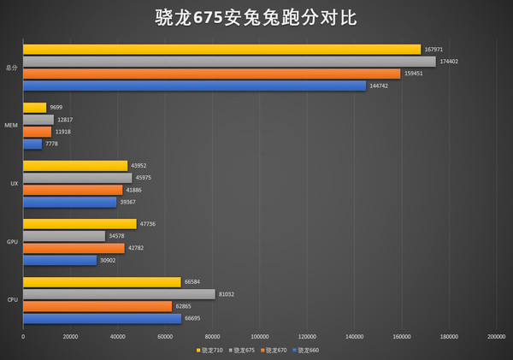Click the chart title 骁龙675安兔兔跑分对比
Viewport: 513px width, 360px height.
click(x=256, y=17)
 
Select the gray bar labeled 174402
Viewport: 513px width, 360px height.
click(x=229, y=62)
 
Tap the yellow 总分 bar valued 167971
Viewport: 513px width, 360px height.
click(x=221, y=50)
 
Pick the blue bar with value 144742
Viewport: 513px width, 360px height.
click(x=194, y=86)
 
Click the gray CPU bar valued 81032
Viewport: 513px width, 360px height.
click(x=119, y=294)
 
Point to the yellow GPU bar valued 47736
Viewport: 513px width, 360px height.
click(x=80, y=224)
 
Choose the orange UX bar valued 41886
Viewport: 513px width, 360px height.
click(x=73, y=190)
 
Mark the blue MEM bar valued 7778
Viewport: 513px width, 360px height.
click(x=32, y=144)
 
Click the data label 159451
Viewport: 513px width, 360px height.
click(x=414, y=74)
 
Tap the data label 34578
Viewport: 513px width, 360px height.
click(x=118, y=236)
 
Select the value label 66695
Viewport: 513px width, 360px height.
click(x=195, y=318)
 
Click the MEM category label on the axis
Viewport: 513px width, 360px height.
click(x=11, y=126)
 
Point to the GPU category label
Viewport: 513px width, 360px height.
click(x=12, y=242)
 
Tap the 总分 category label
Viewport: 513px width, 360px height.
click(x=11, y=68)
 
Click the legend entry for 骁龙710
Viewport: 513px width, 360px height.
click(x=210, y=351)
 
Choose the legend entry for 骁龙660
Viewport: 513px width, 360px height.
click(x=307, y=351)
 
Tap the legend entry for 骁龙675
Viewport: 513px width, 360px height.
click(x=243, y=351)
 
